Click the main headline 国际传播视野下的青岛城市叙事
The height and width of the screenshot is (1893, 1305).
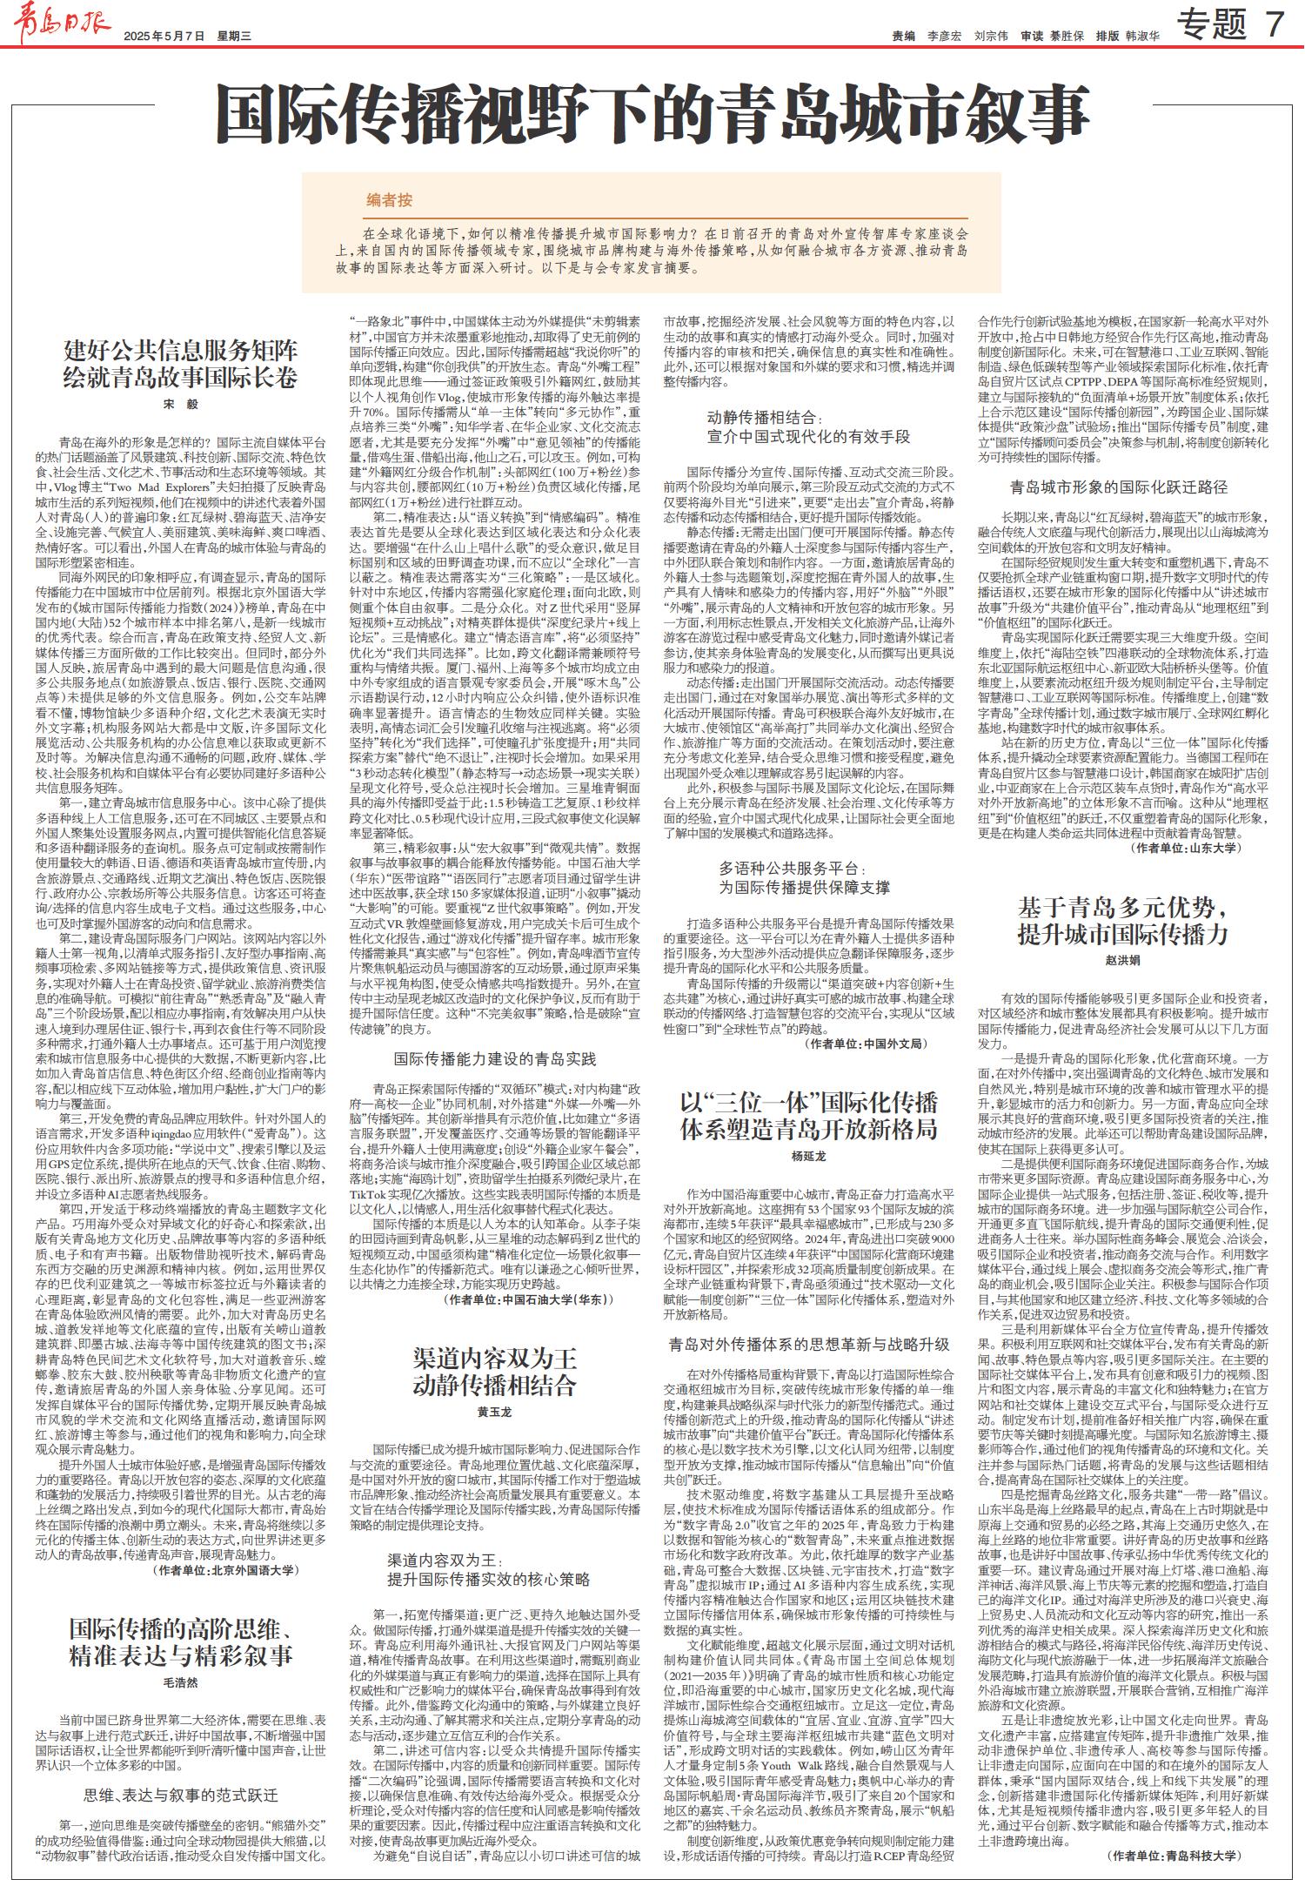coord(652,114)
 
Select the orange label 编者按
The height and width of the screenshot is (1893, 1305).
coord(389,200)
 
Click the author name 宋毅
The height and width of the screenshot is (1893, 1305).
coord(181,404)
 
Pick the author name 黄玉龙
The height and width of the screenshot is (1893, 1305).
coord(494,1411)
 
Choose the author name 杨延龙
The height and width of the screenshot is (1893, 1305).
coord(808,1156)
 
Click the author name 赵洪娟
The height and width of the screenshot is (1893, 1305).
coord(1123,959)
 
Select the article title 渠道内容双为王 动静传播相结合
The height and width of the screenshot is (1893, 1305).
coord(494,1371)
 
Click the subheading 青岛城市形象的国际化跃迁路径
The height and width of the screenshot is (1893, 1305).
coord(1118,487)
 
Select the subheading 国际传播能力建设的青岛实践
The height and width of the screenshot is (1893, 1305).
coord(494,1059)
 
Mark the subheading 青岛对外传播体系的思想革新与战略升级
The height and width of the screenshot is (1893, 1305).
coord(808,1344)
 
